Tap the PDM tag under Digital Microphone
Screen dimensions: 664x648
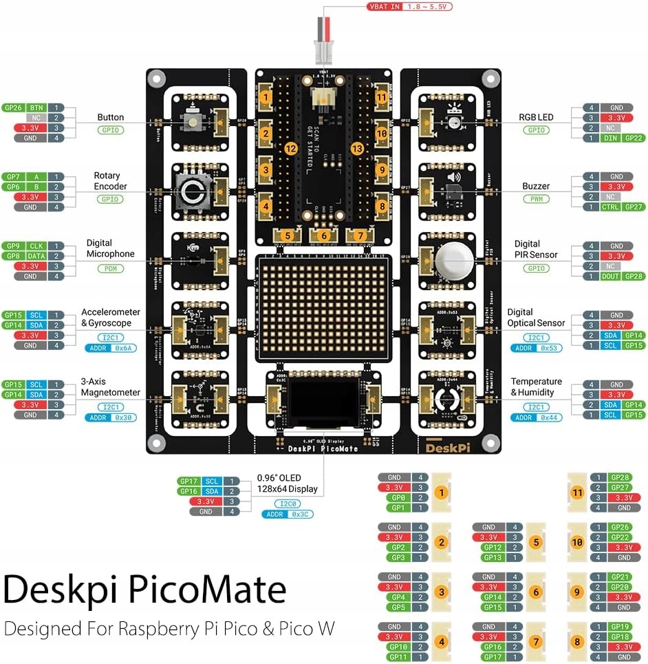[110, 268]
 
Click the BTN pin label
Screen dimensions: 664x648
[36, 107]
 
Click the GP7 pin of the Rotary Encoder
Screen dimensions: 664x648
[13, 177]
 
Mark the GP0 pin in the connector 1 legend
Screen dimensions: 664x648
[394, 497]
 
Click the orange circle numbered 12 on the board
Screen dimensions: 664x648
[290, 148]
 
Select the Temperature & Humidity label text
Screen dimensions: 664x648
[536, 387]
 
